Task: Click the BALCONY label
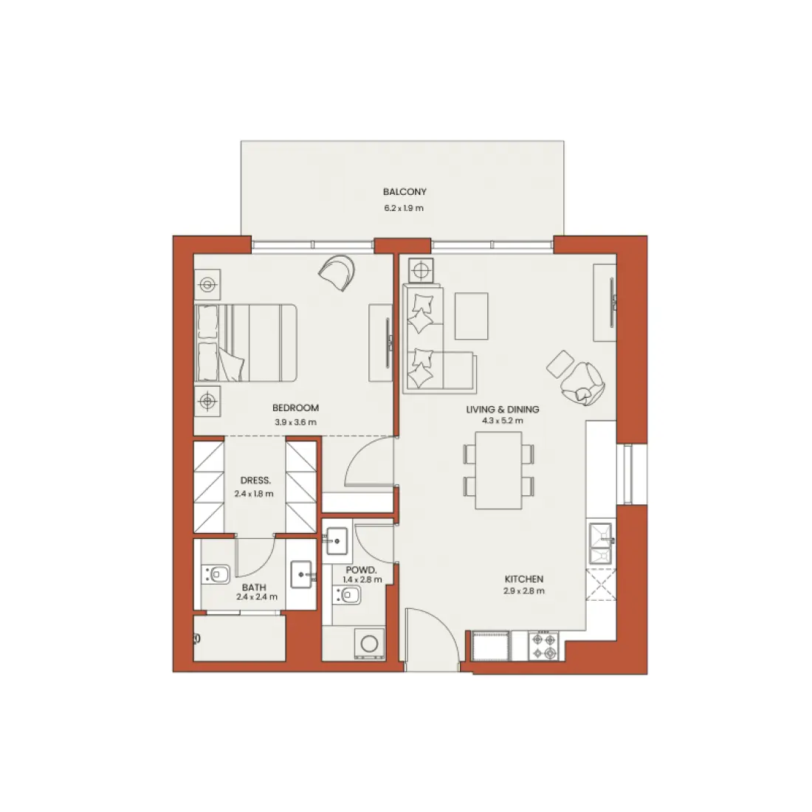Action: click(x=405, y=192)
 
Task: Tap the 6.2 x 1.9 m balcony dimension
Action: click(x=404, y=208)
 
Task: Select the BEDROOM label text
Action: click(x=295, y=408)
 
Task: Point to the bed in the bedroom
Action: click(x=246, y=343)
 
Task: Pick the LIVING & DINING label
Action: click(x=502, y=409)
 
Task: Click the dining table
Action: click(x=499, y=470)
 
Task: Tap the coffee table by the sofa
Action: click(x=471, y=316)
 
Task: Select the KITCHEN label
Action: click(x=524, y=579)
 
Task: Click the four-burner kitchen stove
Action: click(x=544, y=646)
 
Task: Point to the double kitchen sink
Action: click(x=601, y=543)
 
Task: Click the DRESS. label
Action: click(x=255, y=481)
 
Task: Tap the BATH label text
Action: click(x=254, y=588)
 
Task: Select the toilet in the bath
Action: click(x=216, y=574)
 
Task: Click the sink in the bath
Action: click(x=302, y=575)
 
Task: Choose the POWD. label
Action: click(x=362, y=570)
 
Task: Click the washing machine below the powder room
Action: click(x=369, y=644)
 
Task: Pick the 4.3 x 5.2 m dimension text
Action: click(x=502, y=421)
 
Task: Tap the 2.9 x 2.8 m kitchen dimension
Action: click(x=523, y=591)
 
